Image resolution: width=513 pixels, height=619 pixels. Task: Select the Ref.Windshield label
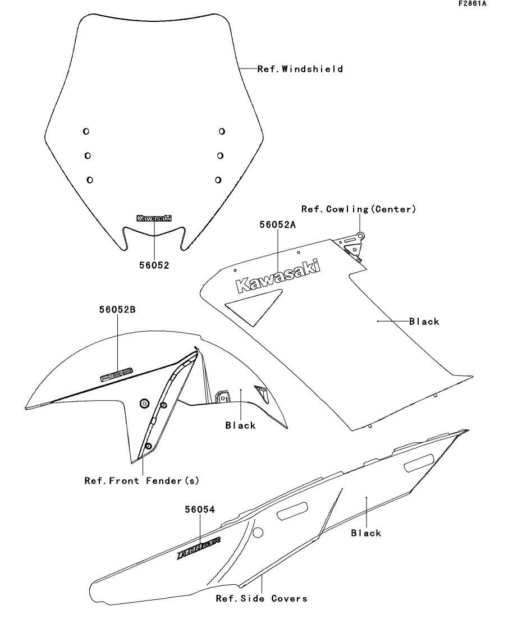pyautogui.click(x=300, y=70)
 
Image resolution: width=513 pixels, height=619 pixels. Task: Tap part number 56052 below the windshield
pyautogui.click(x=154, y=265)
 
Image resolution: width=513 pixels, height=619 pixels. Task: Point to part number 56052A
pyautogui.click(x=277, y=224)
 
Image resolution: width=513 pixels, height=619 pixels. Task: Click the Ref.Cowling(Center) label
pyautogui.click(x=359, y=209)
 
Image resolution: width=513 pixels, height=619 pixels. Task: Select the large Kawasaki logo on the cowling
pyautogui.click(x=278, y=276)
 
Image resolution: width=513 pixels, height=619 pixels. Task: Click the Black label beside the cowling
pyautogui.click(x=424, y=322)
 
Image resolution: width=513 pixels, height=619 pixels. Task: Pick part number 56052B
pyautogui.click(x=117, y=309)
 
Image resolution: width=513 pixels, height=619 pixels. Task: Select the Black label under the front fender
pyautogui.click(x=240, y=425)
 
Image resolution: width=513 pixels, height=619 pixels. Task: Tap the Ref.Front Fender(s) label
pyautogui.click(x=141, y=481)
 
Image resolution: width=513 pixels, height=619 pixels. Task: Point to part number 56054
pyautogui.click(x=200, y=510)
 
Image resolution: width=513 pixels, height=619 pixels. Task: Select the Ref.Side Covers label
pyautogui.click(x=262, y=599)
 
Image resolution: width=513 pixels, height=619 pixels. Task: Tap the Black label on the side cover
pyautogui.click(x=366, y=533)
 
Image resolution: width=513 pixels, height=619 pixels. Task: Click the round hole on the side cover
pyautogui.click(x=258, y=531)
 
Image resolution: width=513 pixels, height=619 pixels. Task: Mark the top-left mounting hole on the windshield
pyautogui.click(x=86, y=131)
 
